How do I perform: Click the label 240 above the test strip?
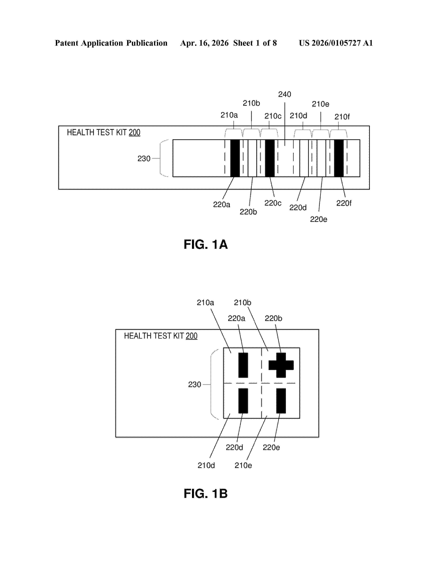[284, 95]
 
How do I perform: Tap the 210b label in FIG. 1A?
[251, 103]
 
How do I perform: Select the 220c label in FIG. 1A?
[273, 203]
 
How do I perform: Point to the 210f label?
[342, 117]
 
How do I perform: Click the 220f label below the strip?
[344, 203]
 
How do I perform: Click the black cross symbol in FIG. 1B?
[281, 365]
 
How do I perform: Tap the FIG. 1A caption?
[206, 244]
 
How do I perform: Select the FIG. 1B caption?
[206, 494]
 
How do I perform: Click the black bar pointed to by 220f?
[339, 158]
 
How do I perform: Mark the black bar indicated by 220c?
[270, 158]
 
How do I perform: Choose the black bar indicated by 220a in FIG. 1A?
[235, 158]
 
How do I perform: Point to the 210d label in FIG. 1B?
[206, 465]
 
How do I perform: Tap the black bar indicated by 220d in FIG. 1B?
[243, 401]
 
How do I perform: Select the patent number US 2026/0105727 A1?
[336, 43]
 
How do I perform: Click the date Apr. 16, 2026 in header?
[204, 43]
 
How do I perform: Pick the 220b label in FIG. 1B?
[273, 319]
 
